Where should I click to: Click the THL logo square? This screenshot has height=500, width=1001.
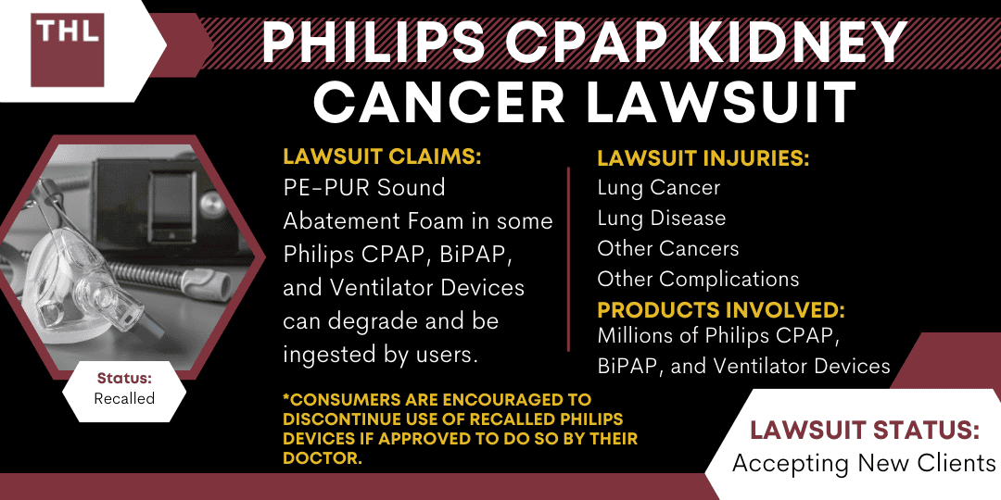tap(67, 49)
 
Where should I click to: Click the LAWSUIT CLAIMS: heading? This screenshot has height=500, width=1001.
tap(382, 157)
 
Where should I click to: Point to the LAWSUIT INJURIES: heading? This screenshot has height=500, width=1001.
tap(703, 158)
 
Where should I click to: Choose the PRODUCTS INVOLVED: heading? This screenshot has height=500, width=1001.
tap(721, 309)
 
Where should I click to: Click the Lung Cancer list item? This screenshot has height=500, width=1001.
tap(658, 188)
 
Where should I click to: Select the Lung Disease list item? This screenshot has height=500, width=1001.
tap(661, 219)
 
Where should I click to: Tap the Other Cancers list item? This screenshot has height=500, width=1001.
tap(667, 248)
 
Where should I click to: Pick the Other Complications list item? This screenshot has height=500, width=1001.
tap(698, 279)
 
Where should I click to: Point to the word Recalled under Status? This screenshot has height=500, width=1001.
tap(124, 399)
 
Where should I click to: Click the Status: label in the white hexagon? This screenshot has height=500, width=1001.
tap(124, 379)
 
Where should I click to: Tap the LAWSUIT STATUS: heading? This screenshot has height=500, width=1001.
tap(863, 431)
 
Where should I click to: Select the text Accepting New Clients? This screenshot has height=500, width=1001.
tap(863, 463)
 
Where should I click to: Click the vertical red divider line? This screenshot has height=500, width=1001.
tap(568, 259)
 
